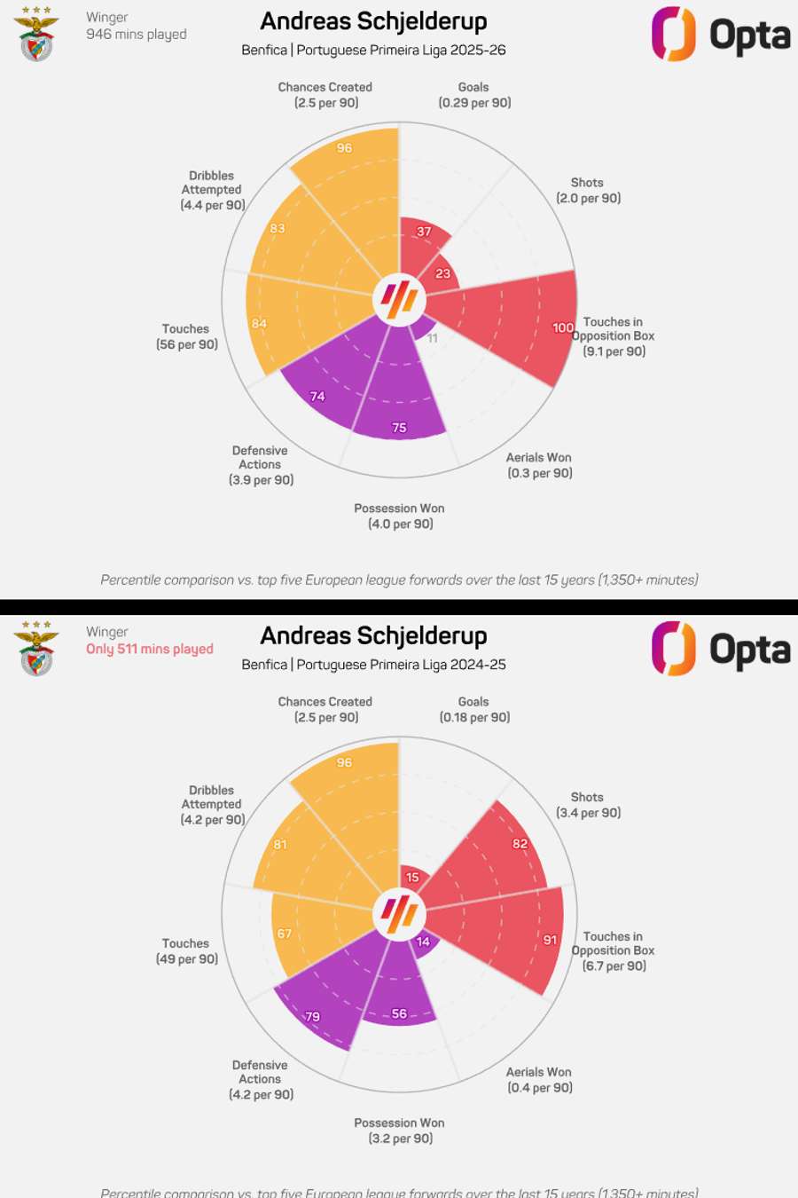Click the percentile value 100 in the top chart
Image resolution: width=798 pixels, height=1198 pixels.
point(562,327)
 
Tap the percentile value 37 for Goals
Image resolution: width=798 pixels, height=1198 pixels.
point(424,232)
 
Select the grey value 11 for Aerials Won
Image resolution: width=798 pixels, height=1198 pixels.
point(433,338)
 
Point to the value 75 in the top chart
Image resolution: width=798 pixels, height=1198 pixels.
point(399,428)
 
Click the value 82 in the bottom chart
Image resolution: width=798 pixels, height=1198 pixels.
point(520,844)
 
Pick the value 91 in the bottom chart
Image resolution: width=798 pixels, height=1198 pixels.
point(551,940)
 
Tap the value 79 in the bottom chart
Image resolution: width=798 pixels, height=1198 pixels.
point(312,1017)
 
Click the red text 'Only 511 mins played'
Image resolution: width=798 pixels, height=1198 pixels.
point(149,649)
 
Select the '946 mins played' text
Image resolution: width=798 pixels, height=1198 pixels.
point(136,34)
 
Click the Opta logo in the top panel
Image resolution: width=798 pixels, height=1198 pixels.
point(720,35)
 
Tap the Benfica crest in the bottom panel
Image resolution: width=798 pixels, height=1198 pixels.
point(36,650)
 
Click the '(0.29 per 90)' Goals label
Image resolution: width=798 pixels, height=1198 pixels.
point(474,103)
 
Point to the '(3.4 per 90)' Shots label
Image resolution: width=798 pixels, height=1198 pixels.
point(588,813)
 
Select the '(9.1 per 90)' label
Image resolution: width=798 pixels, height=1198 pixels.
point(614,351)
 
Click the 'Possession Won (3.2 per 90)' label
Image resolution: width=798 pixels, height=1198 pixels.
point(400,1131)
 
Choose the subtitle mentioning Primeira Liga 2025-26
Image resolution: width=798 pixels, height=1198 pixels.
point(373,50)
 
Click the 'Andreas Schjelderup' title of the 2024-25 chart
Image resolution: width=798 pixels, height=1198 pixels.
point(373,635)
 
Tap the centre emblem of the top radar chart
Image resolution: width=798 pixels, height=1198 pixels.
point(399,298)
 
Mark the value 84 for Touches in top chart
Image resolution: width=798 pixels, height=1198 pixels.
point(259,323)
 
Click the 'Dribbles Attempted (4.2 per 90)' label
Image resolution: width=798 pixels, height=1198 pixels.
point(212,805)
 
